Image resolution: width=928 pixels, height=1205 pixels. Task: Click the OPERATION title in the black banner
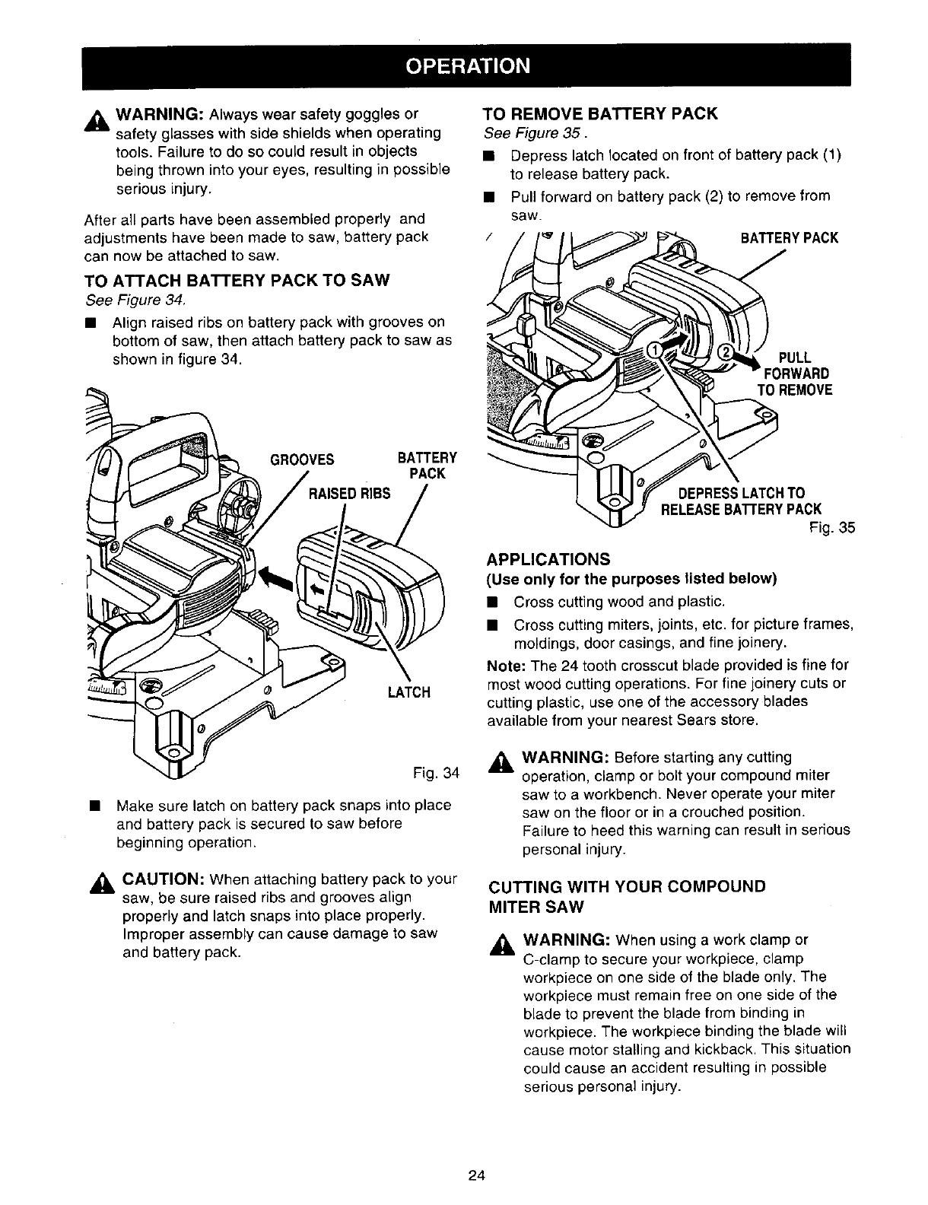[x=467, y=65]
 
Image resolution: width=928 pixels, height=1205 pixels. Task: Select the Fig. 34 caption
[x=435, y=774]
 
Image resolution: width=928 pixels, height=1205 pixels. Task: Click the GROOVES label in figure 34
[x=302, y=459]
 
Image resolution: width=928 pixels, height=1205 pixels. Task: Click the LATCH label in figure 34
[x=409, y=692]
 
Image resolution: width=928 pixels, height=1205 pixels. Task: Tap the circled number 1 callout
[x=654, y=350]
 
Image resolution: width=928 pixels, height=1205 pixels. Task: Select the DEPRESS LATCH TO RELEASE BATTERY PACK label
[x=742, y=501]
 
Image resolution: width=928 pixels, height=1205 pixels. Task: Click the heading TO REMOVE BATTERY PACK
[x=601, y=114]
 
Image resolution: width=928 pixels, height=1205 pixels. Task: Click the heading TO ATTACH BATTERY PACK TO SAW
[x=237, y=280]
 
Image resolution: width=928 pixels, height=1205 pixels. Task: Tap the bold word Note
[x=501, y=665]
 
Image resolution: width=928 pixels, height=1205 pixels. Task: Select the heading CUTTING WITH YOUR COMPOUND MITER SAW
[x=626, y=897]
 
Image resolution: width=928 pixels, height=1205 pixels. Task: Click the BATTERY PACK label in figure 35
[x=790, y=237]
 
